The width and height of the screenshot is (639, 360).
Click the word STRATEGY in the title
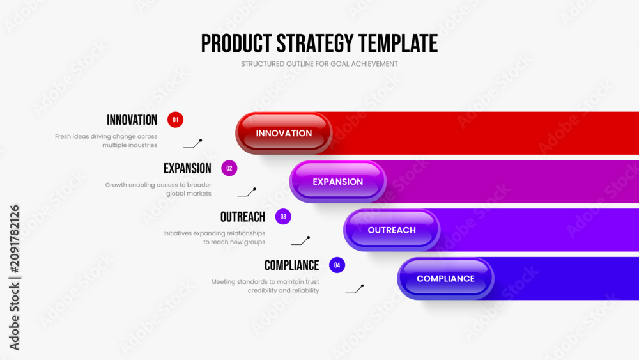[315, 43]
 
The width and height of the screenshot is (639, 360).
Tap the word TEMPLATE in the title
[398, 43]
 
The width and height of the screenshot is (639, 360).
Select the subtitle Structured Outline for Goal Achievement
[319, 64]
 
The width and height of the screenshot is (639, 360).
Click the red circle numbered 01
[175, 120]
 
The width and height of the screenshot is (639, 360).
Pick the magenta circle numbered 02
[229, 168]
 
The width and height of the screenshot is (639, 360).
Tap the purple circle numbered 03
[283, 217]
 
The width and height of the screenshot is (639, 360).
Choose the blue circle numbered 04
[337, 265]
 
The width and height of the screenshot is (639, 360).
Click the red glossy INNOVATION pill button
[284, 133]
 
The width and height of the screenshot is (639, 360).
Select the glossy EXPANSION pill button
[338, 182]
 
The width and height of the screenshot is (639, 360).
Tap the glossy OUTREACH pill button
[392, 230]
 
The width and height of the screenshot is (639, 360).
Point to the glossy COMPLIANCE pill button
[446, 278]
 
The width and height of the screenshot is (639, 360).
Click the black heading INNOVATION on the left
[132, 120]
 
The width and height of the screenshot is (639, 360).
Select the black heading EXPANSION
[187, 168]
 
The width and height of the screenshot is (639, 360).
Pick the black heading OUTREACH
[243, 217]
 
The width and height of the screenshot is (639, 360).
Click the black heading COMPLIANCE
[292, 265]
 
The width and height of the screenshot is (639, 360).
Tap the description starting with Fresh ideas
[106, 141]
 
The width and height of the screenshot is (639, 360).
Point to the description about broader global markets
[158, 189]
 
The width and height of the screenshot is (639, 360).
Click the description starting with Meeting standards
[265, 286]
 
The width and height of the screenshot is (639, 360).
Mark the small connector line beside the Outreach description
[301, 241]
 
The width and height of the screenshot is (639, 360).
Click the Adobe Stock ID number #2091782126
[14, 239]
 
